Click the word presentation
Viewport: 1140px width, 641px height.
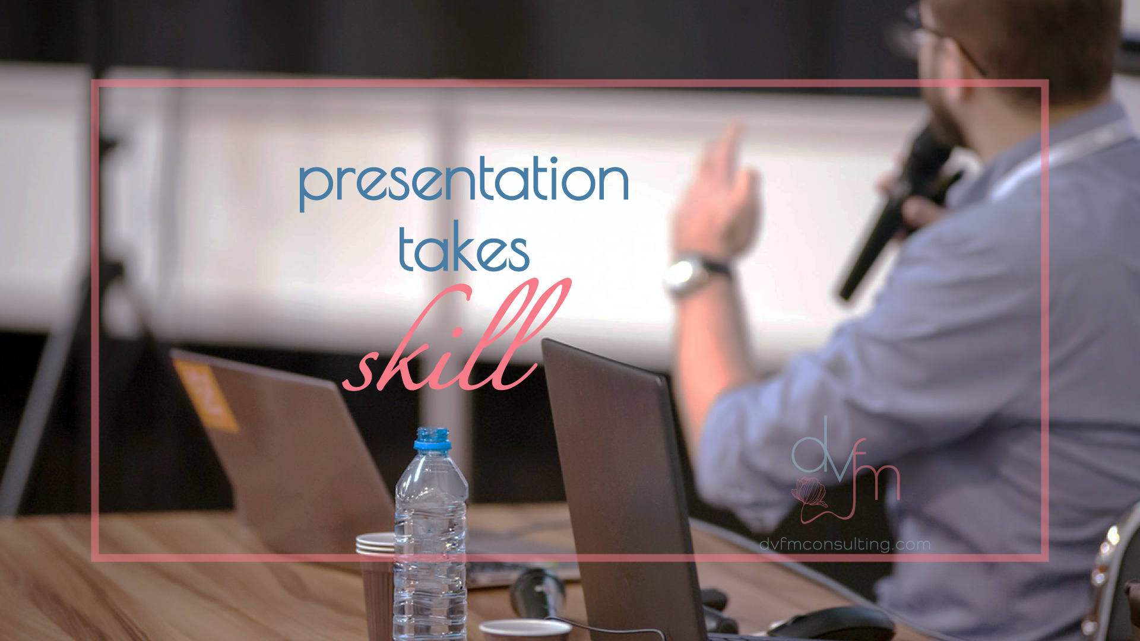pos(464,181)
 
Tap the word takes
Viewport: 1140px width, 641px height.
pos(464,247)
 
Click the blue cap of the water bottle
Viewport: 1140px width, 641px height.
pos(432,439)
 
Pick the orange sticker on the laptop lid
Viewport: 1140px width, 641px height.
pos(206,394)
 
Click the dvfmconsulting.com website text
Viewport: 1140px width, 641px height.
pos(845,544)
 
